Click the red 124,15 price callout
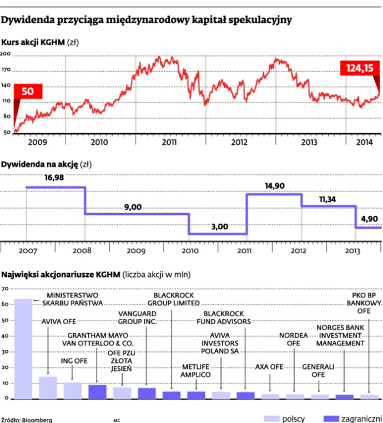(360, 68)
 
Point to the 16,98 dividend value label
(54, 178)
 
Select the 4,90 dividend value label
(368, 220)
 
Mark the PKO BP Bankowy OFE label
(364, 303)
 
